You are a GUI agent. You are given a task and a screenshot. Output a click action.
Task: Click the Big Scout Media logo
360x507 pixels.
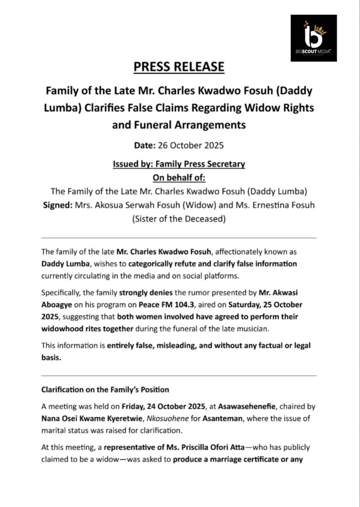pos(313,38)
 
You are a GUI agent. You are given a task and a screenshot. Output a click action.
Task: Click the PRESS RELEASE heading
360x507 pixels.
pos(180,66)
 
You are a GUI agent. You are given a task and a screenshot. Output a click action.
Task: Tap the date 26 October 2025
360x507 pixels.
pos(191,146)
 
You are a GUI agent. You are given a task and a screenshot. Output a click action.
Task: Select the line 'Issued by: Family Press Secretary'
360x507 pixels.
pos(179,164)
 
